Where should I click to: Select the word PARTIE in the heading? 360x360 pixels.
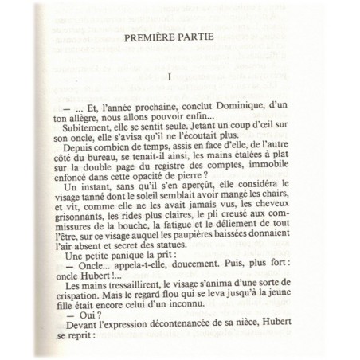coord(207,37)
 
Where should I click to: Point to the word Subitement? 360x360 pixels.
coord(82,128)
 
